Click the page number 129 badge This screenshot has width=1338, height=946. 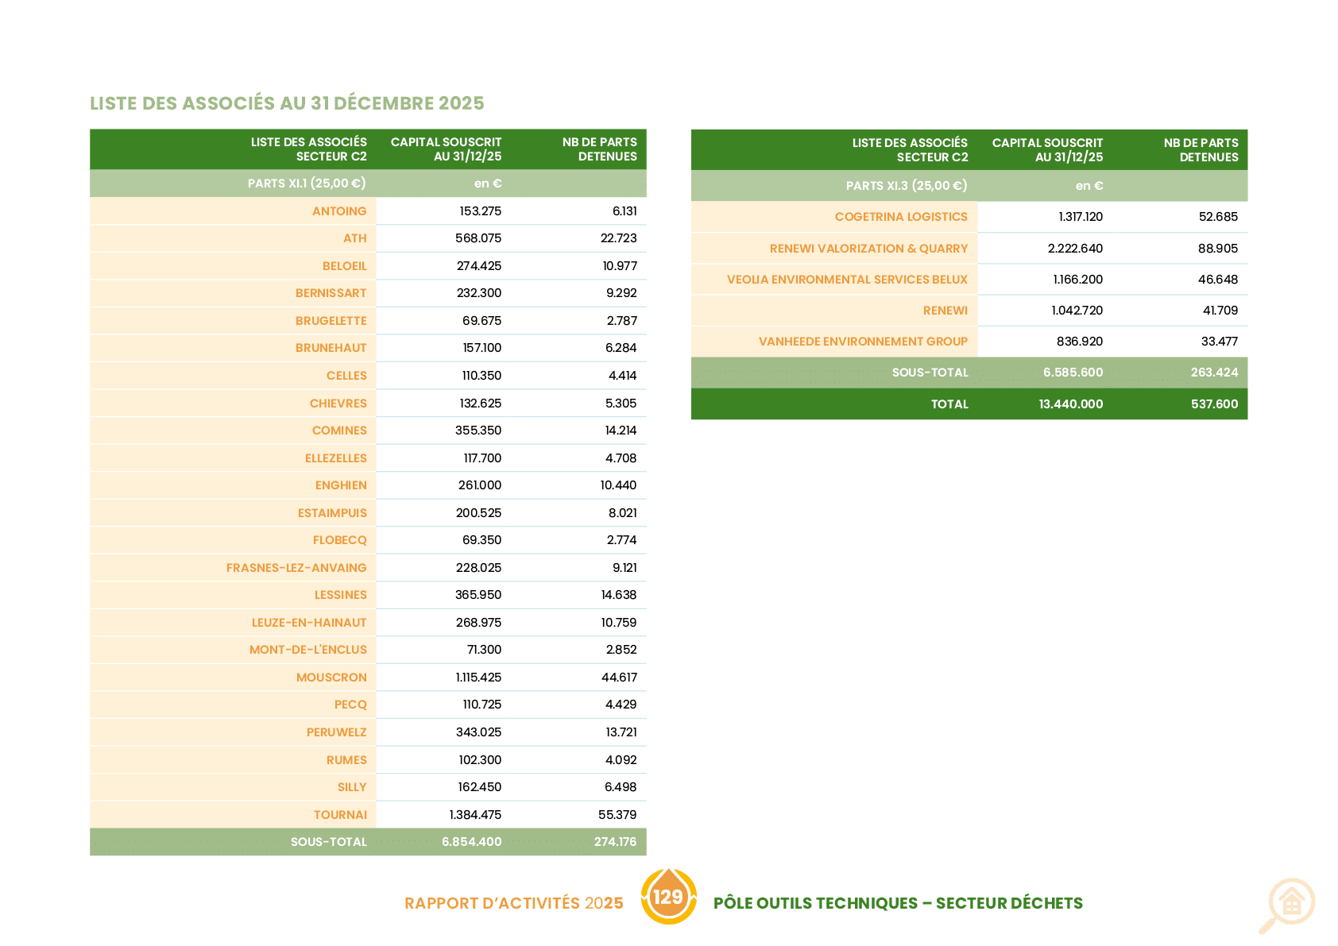[668, 896]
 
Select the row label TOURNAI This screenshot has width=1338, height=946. [341, 815]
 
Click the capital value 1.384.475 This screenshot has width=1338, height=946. [475, 815]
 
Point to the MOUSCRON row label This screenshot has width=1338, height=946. [331, 678]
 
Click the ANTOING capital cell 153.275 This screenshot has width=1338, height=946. [480, 210]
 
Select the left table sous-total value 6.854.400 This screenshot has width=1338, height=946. [472, 841]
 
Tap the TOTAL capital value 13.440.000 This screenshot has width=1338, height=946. [1071, 403]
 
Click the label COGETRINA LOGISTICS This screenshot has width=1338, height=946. [901, 217]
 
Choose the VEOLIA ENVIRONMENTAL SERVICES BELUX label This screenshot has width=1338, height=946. [847, 280]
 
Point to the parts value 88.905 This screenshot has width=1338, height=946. [1218, 249]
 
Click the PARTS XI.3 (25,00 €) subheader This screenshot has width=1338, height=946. [907, 186]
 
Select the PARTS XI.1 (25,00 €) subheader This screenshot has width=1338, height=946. [307, 183]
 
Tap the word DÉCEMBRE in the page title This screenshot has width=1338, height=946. [383, 103]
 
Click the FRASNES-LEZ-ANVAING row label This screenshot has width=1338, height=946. [296, 567]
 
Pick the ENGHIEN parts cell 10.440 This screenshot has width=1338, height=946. [618, 485]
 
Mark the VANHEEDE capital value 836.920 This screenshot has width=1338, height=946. [1080, 342]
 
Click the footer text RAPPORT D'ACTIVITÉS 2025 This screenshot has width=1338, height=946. [514, 903]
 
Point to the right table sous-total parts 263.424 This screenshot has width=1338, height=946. [1214, 373]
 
